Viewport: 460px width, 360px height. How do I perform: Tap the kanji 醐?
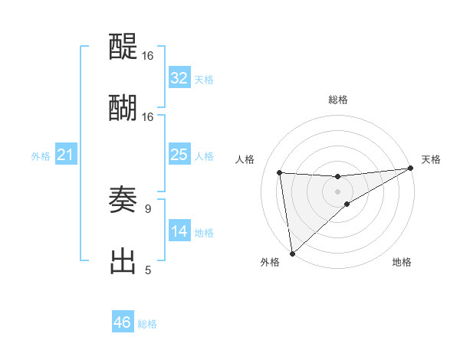point(123,108)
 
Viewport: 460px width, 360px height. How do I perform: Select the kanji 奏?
point(123,201)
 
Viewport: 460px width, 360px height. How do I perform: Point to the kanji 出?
point(123,260)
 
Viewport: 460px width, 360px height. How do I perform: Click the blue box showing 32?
point(179,78)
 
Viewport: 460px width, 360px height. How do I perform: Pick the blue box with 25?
point(179,155)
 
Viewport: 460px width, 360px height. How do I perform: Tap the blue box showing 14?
point(179,231)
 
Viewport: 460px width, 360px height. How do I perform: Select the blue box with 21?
point(66,155)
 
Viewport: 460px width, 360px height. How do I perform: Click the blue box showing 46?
point(123,322)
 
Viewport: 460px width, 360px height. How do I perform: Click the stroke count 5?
point(148,270)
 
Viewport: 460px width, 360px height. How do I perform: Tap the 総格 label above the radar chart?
point(338,100)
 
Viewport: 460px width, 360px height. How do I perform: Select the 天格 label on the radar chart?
point(431,159)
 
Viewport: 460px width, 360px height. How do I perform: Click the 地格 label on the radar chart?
point(402,263)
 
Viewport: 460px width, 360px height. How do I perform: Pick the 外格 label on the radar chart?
point(270,263)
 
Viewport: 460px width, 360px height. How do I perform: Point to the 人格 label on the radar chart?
point(245,159)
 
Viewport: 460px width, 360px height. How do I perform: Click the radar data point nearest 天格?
point(410,169)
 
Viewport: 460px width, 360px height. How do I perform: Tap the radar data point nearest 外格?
point(292,253)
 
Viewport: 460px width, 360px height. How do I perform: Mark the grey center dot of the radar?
point(338,191)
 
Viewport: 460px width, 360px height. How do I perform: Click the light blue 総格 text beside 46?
point(147,324)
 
